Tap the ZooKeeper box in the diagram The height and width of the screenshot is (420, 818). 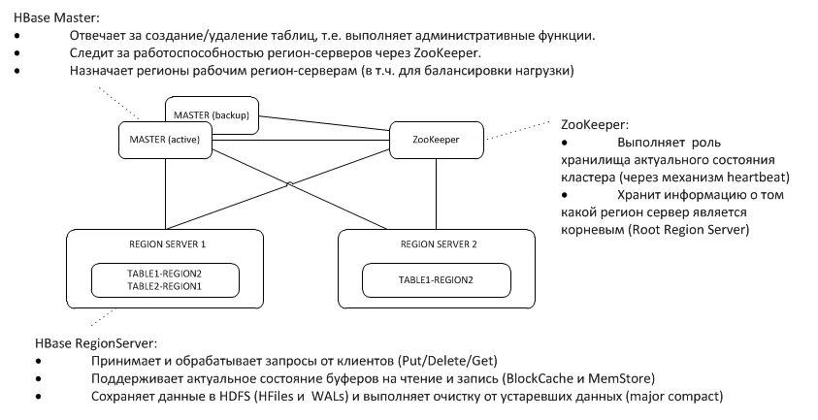[436, 140]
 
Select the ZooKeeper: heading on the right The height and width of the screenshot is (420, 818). [594, 125]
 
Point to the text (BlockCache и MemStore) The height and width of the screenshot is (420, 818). [579, 378]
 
